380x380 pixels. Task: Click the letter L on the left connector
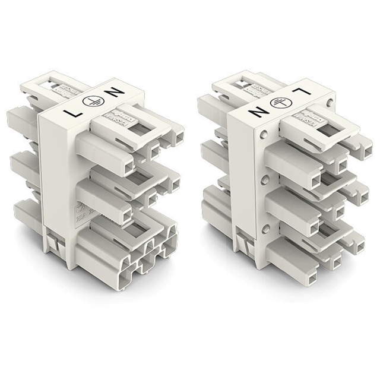tap(74, 112)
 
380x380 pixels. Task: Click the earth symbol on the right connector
tap(277, 102)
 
